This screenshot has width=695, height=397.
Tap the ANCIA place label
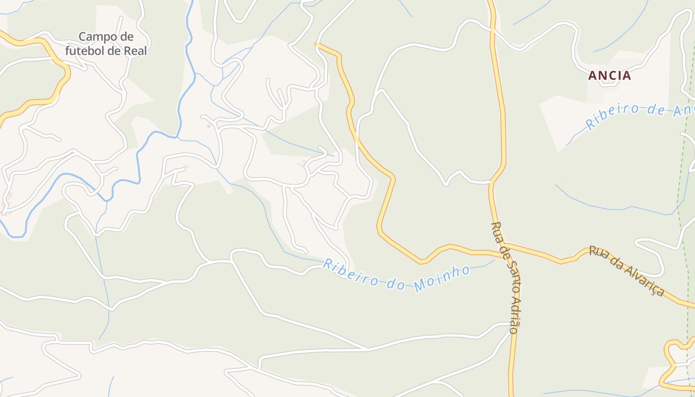tap(609, 75)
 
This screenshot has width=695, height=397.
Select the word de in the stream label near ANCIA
tap(656, 109)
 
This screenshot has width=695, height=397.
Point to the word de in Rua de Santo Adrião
tap(501, 250)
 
